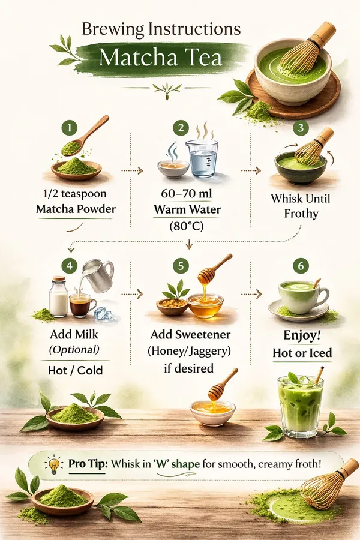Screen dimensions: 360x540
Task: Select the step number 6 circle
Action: tap(301, 266)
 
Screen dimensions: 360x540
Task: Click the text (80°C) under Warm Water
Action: tap(187, 226)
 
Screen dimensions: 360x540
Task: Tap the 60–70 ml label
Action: tap(187, 194)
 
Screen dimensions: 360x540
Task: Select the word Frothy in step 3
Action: tap(301, 214)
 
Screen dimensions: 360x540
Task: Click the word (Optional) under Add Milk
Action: tap(74, 350)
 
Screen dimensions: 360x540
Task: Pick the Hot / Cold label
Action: tap(76, 370)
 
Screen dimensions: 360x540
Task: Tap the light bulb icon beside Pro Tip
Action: tap(54, 465)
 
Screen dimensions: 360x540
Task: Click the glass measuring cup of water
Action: tap(202, 158)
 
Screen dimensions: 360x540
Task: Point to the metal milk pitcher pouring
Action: tap(98, 275)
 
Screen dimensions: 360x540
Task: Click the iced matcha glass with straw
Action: tap(301, 404)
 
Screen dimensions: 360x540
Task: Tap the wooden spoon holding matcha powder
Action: tap(84, 136)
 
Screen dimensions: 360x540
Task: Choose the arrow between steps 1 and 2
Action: tap(131, 170)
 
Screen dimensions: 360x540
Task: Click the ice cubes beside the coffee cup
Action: tap(103, 313)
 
